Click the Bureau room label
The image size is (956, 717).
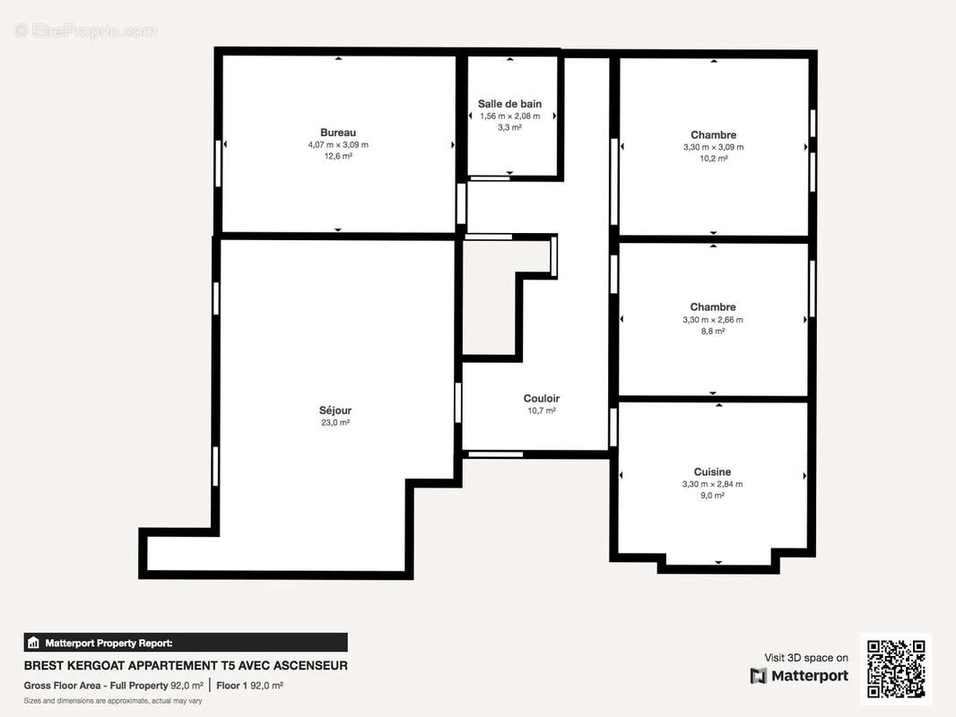point(338,133)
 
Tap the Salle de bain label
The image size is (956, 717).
point(509,104)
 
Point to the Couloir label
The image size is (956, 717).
point(542,398)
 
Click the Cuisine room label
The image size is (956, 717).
point(712,471)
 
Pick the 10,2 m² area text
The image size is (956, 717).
point(713,159)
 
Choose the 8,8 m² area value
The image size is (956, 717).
point(713,331)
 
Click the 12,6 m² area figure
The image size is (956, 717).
point(338,156)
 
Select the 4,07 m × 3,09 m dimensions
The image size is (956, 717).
point(338,144)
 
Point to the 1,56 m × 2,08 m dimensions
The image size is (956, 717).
point(509,116)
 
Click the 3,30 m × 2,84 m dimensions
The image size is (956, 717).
point(712,484)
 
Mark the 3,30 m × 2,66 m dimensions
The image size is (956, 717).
point(713,319)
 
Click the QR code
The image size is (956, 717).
point(896,669)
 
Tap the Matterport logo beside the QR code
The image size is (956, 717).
point(799,676)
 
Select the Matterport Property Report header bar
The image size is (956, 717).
point(186,643)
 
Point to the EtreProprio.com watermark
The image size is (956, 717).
point(85,30)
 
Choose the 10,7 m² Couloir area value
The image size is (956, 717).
point(542,410)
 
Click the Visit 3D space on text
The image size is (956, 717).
point(805,658)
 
